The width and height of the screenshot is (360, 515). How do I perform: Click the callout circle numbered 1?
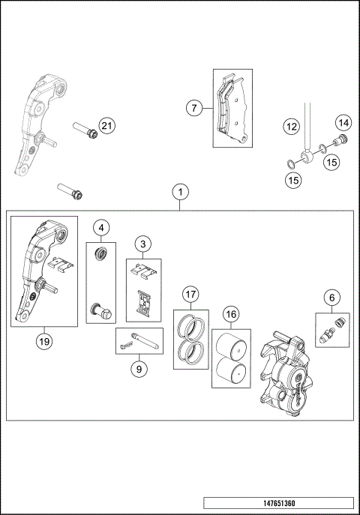(179, 192)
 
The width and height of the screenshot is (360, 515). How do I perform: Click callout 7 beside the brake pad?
(194, 108)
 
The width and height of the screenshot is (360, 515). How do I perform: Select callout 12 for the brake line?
(291, 127)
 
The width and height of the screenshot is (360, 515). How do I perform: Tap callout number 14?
(342, 121)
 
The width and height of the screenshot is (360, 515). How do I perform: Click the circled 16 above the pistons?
(231, 313)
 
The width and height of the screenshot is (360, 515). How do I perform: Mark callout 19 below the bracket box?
(43, 341)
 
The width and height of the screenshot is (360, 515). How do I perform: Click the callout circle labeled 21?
(107, 126)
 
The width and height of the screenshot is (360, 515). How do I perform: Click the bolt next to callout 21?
(83, 131)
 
